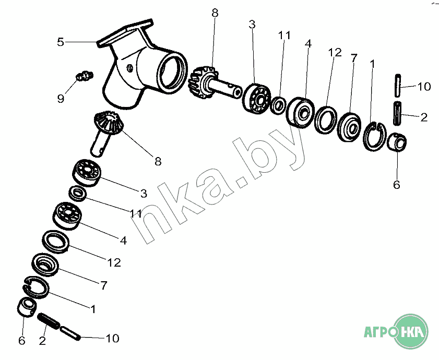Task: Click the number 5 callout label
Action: click(x=61, y=42)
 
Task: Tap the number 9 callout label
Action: click(x=61, y=98)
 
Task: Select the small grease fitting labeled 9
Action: click(x=85, y=76)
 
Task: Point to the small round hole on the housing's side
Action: click(x=129, y=68)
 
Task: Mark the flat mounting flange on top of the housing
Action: click(x=125, y=33)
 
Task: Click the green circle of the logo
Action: click(x=411, y=331)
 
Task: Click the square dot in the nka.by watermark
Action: click(x=242, y=182)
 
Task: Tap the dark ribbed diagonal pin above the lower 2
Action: click(x=49, y=321)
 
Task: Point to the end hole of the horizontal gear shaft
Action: click(x=238, y=92)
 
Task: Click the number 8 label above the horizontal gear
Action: click(x=215, y=13)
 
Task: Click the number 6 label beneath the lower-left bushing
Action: click(x=21, y=340)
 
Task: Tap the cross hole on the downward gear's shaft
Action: click(x=104, y=145)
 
